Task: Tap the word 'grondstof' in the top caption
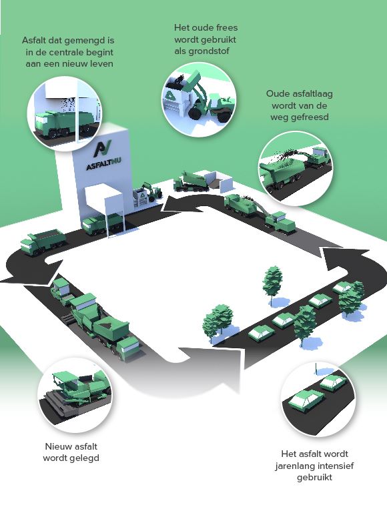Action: [x=202, y=51]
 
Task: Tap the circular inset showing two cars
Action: [x=318, y=400]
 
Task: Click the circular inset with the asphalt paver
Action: [x=75, y=395]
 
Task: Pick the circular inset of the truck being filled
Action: [x=65, y=113]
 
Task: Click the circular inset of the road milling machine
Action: [x=296, y=169]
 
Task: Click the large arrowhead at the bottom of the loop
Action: [x=210, y=367]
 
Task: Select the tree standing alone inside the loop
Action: [x=272, y=286]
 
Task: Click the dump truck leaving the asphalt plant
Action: [x=43, y=241]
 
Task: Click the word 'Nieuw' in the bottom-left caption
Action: [x=59, y=446]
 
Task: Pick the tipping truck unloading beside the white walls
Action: [x=191, y=181]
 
